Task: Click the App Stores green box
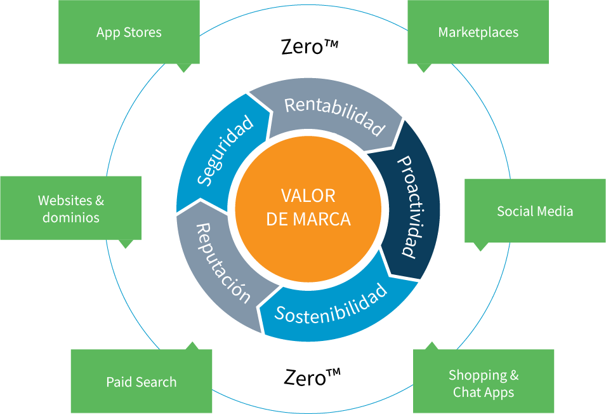click(129, 32)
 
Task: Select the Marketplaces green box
click(478, 32)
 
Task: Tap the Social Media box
click(535, 211)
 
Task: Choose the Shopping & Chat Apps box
click(484, 384)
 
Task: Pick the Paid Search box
click(141, 382)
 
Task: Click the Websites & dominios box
click(70, 208)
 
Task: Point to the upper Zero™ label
click(309, 46)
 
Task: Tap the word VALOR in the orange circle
click(308, 196)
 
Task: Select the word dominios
click(70, 217)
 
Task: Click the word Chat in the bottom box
click(466, 392)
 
